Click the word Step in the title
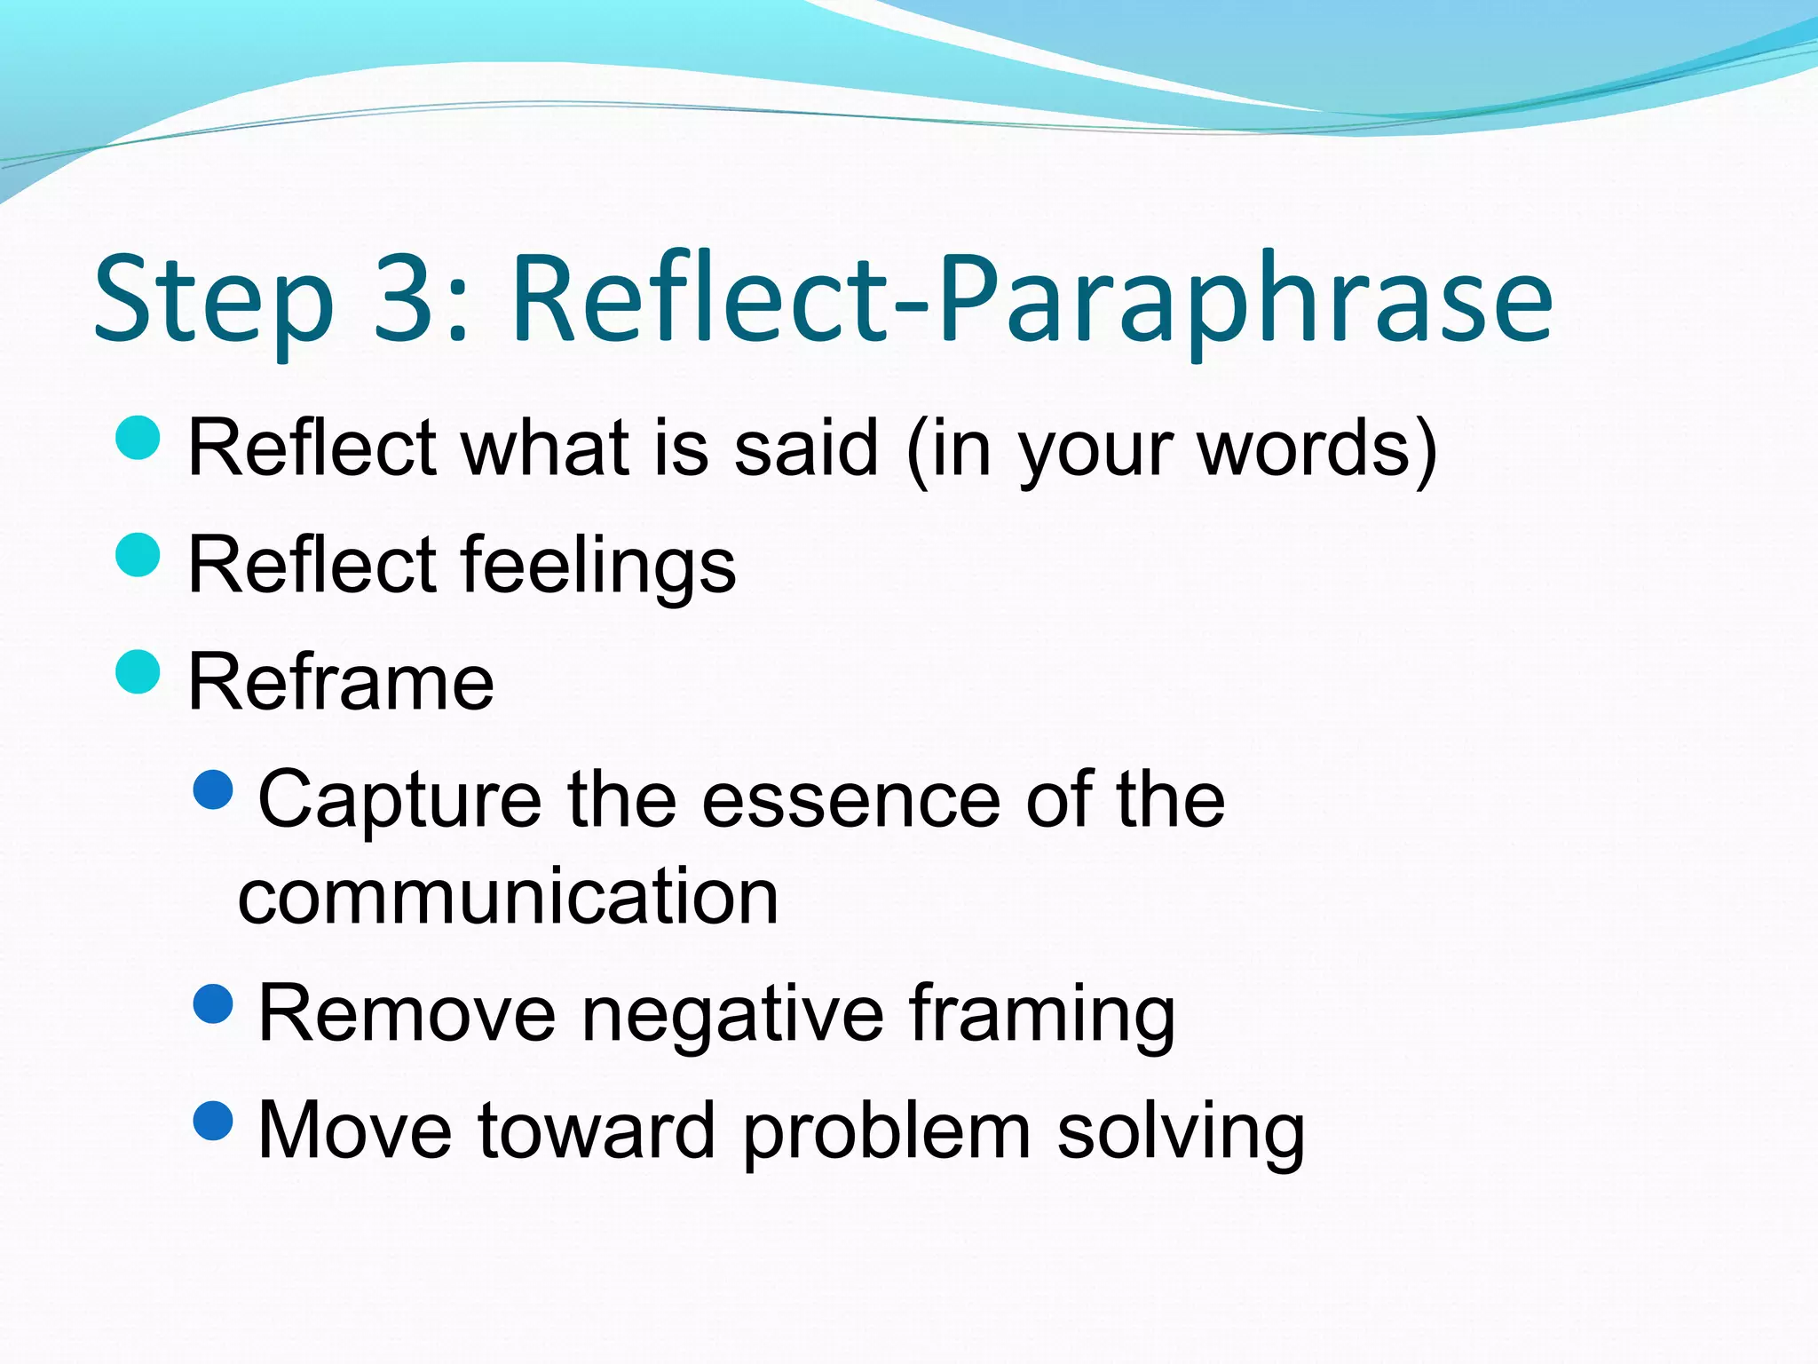click(x=213, y=302)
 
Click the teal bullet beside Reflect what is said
click(x=138, y=438)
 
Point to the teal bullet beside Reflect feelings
click(x=138, y=555)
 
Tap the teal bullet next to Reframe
click(x=138, y=672)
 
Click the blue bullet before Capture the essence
click(x=213, y=789)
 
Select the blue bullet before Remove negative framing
click(x=213, y=1003)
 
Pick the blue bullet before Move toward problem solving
click(x=213, y=1121)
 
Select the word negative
click(x=732, y=1014)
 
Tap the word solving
click(x=1181, y=1131)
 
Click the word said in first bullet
click(x=806, y=448)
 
